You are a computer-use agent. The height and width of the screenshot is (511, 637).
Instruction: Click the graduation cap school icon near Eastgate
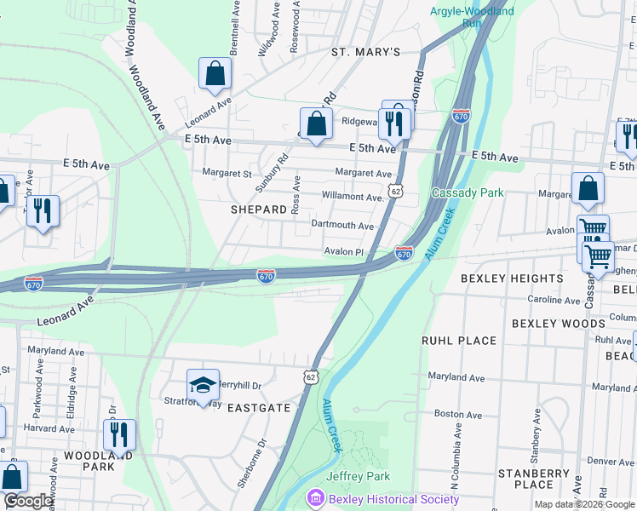[x=203, y=386]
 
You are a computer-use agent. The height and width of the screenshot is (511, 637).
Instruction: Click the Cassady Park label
[x=468, y=192]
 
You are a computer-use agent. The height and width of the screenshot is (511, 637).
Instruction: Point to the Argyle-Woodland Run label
[x=472, y=17]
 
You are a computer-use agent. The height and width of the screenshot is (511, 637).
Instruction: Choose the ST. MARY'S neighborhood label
[x=365, y=52]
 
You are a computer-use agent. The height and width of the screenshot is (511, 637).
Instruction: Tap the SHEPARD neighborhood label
[x=258, y=209]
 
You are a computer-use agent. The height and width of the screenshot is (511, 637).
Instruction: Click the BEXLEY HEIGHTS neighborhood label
[x=512, y=278]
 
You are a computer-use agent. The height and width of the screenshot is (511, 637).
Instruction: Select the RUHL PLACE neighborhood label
[x=459, y=341]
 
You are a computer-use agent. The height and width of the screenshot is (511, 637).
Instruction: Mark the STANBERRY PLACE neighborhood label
[x=534, y=479]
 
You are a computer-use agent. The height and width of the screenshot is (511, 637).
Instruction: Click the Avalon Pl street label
[x=343, y=251]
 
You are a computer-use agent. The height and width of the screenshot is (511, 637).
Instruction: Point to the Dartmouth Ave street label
[x=342, y=226]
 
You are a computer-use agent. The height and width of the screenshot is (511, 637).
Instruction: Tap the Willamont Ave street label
[x=352, y=197]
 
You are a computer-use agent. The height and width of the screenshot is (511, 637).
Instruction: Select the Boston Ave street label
[x=453, y=414]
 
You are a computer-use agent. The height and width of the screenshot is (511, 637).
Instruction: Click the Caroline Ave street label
[x=554, y=300]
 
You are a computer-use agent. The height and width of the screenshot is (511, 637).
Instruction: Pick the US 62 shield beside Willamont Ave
[x=396, y=192]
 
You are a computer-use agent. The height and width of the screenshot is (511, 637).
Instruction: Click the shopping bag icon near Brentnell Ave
[x=215, y=74]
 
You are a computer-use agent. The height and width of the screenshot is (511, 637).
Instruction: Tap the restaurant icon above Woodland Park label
[x=119, y=433]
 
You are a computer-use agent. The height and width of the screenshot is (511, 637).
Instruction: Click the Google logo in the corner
[x=28, y=501]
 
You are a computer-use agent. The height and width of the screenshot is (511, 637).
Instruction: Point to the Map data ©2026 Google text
[x=583, y=504]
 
